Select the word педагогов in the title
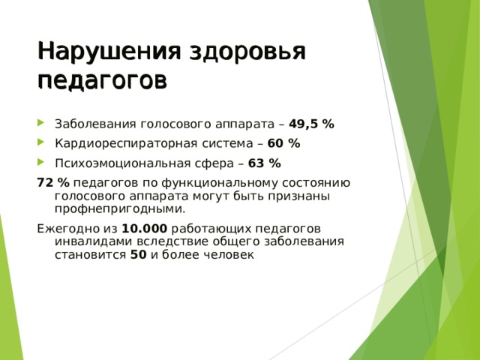[102, 79]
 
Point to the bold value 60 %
[283, 144]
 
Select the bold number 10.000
[144, 229]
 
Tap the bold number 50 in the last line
[138, 255]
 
